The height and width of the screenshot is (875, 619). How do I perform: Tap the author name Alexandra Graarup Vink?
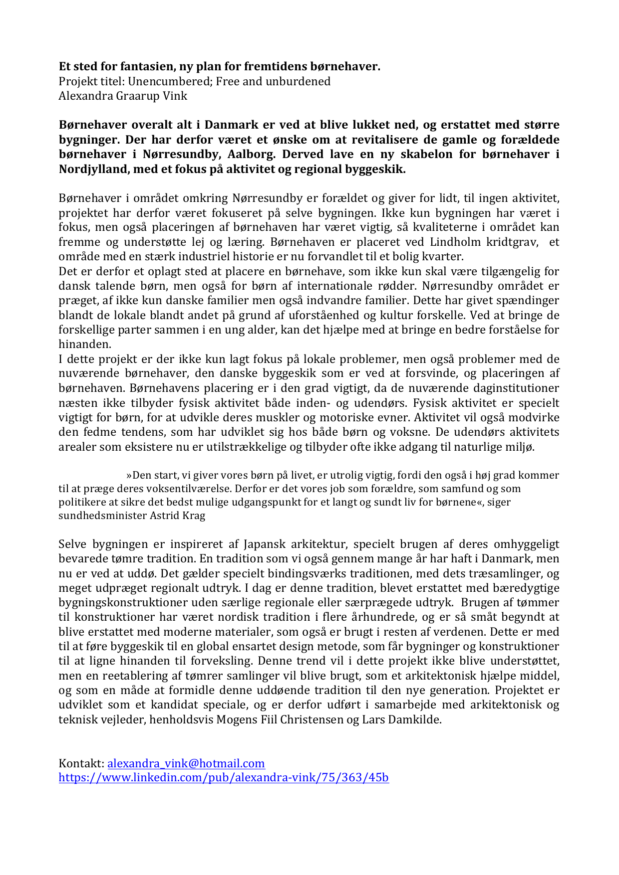pos(123,96)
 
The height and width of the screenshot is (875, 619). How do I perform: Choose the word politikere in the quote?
pos(81,502)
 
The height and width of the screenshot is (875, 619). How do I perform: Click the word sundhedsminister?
pos(103,516)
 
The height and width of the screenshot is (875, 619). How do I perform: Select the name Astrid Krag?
pos(177,516)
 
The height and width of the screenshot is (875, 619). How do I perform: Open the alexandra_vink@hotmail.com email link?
pos(186,763)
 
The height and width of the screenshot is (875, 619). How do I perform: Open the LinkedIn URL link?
pos(224,777)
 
